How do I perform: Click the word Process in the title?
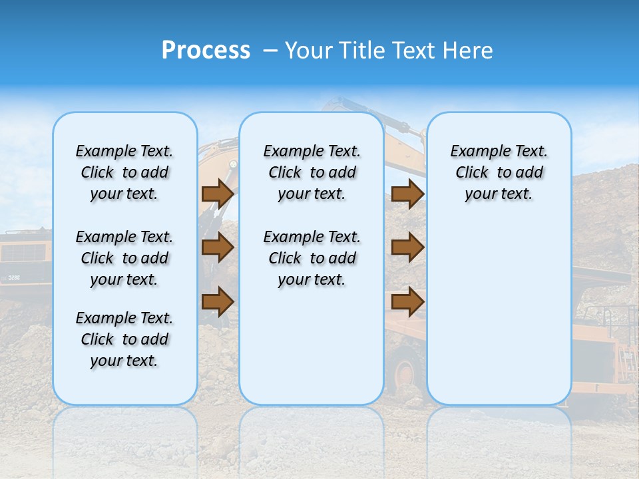206,51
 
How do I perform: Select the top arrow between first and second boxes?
217,194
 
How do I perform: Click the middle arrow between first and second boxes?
217,247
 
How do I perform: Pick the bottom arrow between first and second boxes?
217,302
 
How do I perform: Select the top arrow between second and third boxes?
407,194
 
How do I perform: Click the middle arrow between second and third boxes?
407,247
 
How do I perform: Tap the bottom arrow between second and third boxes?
407,302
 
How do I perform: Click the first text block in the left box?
124,172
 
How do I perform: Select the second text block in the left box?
124,258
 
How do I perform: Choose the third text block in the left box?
124,339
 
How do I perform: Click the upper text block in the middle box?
312,172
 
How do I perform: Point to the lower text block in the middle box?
312,258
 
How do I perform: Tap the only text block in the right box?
499,172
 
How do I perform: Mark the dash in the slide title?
270,51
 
